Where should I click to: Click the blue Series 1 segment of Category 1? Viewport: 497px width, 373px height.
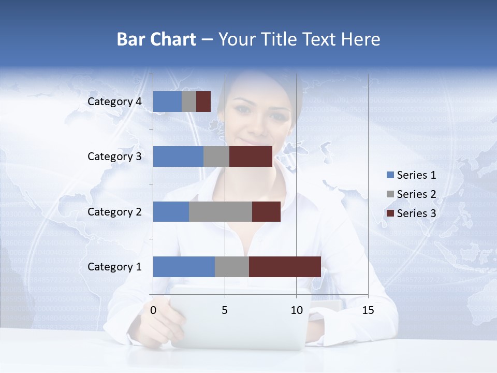click(183, 266)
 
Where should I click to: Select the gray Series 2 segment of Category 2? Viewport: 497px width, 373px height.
click(220, 211)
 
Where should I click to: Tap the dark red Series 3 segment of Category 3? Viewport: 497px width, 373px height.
click(251, 156)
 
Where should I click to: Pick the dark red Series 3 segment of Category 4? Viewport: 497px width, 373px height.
click(203, 102)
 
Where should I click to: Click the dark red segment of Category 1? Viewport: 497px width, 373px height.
click(285, 266)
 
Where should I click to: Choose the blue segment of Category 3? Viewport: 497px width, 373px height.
click(178, 156)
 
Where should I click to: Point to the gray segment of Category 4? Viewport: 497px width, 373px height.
click(189, 102)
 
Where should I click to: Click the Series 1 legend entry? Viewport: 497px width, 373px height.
click(411, 175)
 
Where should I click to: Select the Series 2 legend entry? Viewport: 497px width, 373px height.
click(411, 194)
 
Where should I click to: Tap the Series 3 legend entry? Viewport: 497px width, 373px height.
click(411, 213)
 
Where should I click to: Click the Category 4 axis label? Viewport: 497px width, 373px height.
click(114, 102)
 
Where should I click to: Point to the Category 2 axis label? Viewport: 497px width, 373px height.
click(114, 211)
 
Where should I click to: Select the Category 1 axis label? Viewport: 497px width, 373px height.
click(114, 267)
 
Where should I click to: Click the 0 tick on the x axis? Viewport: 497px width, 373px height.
click(153, 310)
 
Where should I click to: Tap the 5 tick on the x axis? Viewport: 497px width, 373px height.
click(225, 310)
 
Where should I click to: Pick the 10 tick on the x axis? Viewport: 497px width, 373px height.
click(296, 310)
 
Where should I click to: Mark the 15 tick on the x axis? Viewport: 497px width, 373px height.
click(368, 310)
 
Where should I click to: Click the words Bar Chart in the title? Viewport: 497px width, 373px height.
click(156, 39)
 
